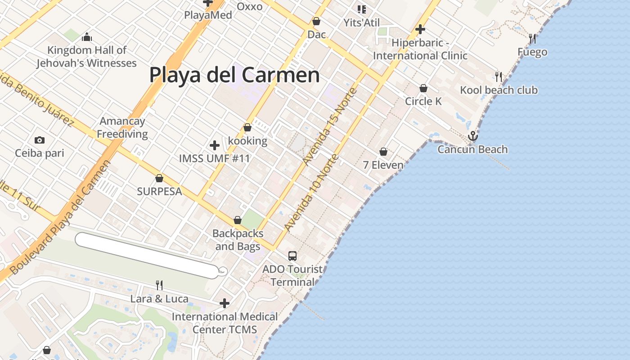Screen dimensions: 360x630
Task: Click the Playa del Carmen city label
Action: (234, 75)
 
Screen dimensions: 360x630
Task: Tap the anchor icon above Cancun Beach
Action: (472, 135)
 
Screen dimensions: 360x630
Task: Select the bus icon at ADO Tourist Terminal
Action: (292, 256)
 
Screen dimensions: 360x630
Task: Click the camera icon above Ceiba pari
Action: (40, 140)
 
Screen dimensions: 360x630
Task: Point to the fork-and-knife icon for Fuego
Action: (532, 39)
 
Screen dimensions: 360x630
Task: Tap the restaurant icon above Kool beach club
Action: (499, 76)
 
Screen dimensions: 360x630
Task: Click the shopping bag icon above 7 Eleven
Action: (383, 152)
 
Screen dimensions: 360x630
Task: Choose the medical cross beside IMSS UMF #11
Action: (215, 145)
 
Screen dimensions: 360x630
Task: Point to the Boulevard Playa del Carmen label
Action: (60, 219)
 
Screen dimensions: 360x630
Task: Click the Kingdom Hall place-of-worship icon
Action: (87, 36)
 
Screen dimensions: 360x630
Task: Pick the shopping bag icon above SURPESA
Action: (159, 178)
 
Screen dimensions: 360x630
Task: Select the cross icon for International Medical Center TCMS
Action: (225, 303)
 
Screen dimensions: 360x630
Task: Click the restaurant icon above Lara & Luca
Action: (159, 285)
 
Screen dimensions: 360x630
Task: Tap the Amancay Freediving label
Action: (122, 127)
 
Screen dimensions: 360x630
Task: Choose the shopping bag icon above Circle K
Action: (423, 88)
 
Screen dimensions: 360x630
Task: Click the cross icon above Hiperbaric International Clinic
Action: (420, 30)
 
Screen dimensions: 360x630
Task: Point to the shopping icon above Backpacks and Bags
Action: (238, 220)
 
